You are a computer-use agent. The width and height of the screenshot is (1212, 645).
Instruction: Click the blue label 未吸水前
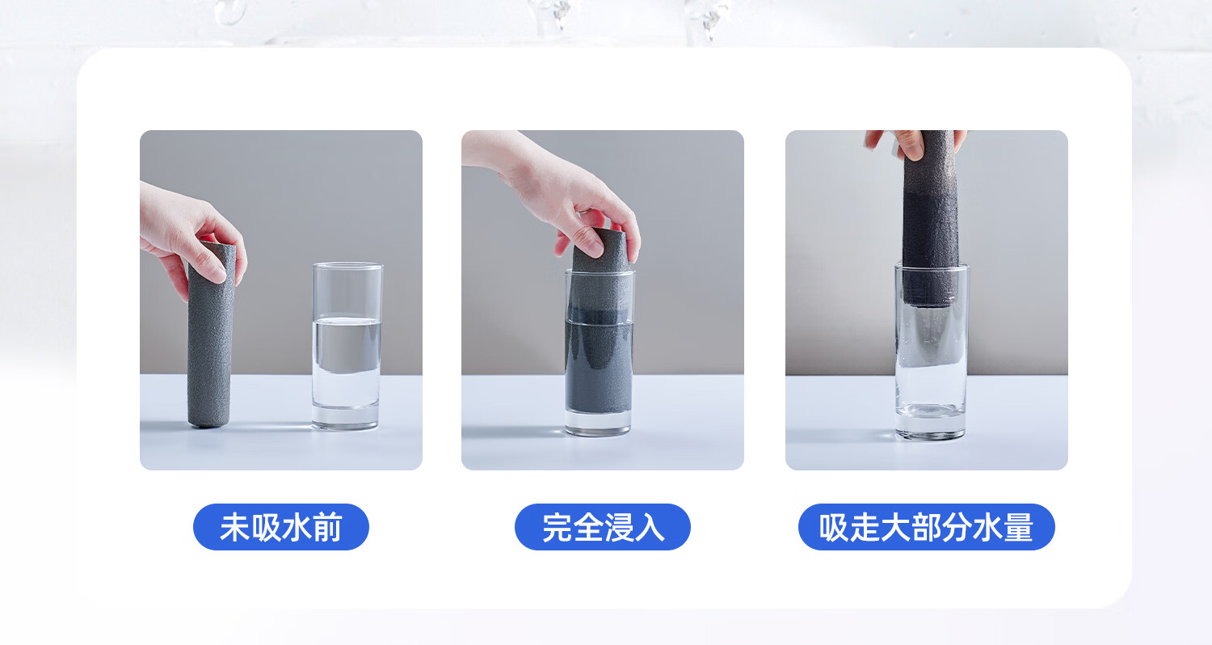coord(281,527)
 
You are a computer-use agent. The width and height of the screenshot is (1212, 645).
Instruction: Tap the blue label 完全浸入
coord(602,527)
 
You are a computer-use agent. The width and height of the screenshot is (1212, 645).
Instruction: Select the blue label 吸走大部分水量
coord(926,527)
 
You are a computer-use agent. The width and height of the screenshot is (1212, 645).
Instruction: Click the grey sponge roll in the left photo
coord(210,335)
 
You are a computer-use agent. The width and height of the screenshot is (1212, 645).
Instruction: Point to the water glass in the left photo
coord(347,346)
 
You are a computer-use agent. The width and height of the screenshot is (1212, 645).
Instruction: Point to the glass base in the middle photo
coord(598,423)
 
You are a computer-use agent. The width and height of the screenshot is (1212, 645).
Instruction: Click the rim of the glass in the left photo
coord(347,266)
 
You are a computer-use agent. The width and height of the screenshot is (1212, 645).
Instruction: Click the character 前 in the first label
coord(327,528)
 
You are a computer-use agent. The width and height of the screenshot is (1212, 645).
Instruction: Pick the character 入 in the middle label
coord(650,528)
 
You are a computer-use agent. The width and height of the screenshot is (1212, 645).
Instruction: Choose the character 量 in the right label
coord(1018,528)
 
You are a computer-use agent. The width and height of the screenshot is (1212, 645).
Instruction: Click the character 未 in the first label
coord(234,528)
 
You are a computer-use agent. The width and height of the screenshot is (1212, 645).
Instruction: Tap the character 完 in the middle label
coord(558,528)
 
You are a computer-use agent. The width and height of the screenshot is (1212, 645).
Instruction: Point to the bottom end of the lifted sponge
coord(929,302)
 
